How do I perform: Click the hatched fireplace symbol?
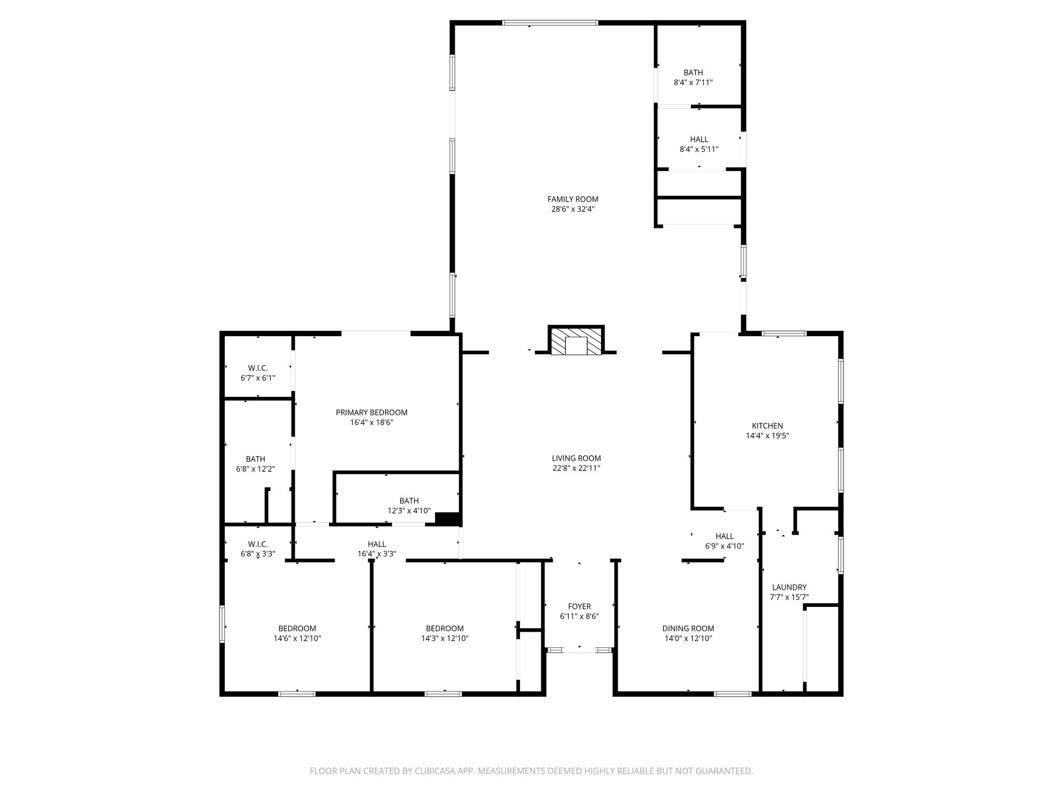(x=576, y=341)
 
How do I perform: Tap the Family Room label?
(x=573, y=199)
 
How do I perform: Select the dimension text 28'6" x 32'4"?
(x=573, y=209)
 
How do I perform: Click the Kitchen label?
(x=767, y=426)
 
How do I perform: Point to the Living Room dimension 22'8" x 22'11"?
(x=576, y=468)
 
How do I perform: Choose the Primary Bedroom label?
(x=371, y=413)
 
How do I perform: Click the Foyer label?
(x=579, y=606)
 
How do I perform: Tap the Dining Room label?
(x=688, y=628)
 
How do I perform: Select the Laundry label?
(x=789, y=587)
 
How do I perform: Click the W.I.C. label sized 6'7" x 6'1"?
(x=257, y=368)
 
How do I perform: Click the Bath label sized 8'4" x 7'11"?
(x=693, y=73)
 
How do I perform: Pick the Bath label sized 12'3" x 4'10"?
(x=409, y=501)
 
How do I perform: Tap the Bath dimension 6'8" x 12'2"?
(x=255, y=469)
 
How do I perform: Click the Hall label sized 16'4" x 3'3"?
(x=377, y=544)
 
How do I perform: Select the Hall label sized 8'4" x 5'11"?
(x=699, y=139)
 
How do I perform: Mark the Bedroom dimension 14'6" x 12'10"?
(x=297, y=639)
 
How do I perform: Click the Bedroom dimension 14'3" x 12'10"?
(x=445, y=639)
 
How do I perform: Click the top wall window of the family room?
(x=550, y=23)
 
